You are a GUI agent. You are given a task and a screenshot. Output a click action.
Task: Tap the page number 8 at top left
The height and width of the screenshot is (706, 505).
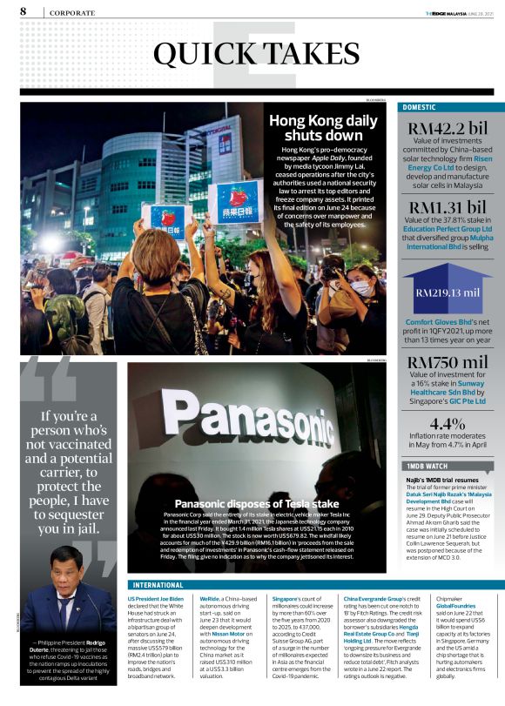24,11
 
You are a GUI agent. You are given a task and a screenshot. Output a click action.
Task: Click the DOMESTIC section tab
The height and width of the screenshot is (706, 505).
421,107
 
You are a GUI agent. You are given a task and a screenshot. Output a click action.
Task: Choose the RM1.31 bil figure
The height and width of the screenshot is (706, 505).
447,207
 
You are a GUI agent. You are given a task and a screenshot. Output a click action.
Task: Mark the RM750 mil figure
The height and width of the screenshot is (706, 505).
447,361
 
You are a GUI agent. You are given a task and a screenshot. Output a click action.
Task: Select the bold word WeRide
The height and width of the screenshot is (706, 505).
209,599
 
